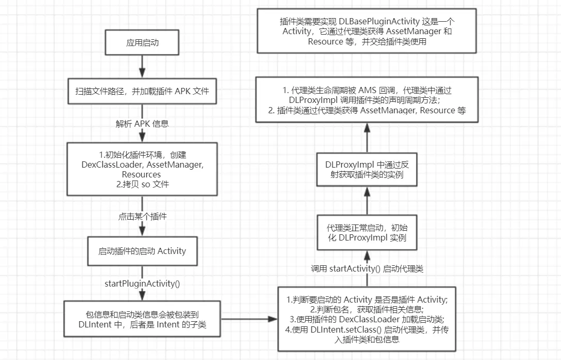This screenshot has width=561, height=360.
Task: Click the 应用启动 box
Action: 142,43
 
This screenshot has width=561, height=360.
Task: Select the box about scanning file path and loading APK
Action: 142,92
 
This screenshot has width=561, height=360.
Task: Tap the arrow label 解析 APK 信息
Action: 142,124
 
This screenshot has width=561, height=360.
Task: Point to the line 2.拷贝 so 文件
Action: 142,185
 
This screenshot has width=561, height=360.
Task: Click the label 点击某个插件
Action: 142,217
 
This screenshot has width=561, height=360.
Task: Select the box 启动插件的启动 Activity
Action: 142,251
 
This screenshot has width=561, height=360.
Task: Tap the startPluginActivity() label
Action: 142,283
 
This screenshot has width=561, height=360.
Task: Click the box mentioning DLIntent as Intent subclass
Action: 142,319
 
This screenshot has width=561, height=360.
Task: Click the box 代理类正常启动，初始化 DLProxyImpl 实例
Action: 367,232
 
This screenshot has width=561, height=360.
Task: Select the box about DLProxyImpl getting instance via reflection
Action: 367,170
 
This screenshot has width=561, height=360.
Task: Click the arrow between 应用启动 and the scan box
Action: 142,66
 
